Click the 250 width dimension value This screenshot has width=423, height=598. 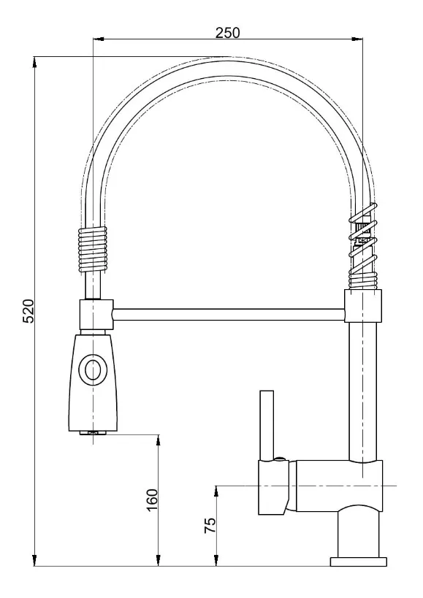228,32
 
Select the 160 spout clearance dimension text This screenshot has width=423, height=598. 152,500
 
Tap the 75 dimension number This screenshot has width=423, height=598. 210,526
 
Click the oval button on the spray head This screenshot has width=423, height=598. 93,370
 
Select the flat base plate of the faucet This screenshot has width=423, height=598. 359,561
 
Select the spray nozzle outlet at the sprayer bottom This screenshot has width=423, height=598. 92,434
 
